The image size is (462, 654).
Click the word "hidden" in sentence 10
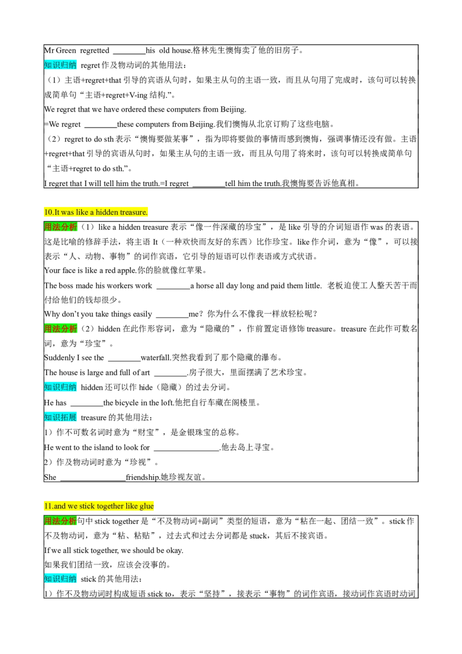[x=107, y=212]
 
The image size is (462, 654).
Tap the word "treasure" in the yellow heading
[x=134, y=212]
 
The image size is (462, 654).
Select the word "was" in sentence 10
[x=67, y=212]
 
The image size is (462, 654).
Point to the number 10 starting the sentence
[x=47, y=212]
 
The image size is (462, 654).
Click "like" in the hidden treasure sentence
[x=81, y=212]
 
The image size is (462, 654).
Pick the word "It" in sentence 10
[x=57, y=212]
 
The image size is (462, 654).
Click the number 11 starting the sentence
[x=47, y=506]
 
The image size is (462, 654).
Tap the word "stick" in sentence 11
[x=87, y=506]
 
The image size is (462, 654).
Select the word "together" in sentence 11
[x=110, y=506]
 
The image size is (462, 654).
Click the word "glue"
[x=147, y=506]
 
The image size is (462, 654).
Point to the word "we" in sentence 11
[x=72, y=506]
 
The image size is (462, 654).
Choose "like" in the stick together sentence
[x=131, y=506]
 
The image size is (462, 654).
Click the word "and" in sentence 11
[x=59, y=506]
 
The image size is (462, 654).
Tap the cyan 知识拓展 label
[x=61, y=417]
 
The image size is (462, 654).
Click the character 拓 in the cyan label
[x=64, y=417]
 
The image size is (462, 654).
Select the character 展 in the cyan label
[x=73, y=417]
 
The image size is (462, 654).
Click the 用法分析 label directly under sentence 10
[x=61, y=227]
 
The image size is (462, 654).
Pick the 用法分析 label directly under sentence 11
[x=61, y=521]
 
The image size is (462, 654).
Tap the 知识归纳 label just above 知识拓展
[x=61, y=387]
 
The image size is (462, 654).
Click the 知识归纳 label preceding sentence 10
[x=61, y=65]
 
